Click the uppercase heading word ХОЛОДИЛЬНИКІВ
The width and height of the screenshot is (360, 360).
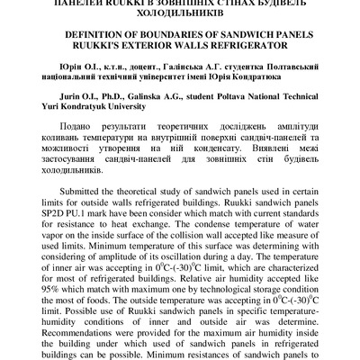click(x=180, y=15)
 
